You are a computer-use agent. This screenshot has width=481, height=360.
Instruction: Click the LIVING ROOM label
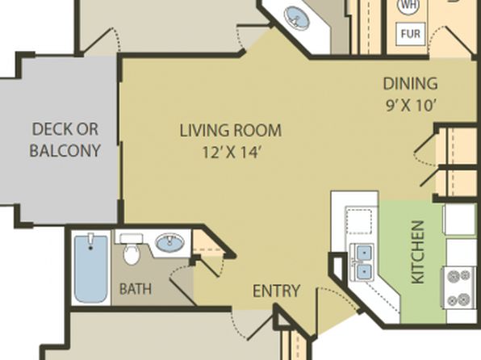pos(230,130)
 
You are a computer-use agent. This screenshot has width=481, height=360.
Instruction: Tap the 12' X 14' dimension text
pos(232,152)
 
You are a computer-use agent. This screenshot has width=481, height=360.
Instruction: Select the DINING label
pos(411,83)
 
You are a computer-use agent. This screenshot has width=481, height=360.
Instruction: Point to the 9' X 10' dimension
pos(411,106)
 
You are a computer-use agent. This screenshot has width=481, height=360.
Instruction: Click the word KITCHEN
pos(418,253)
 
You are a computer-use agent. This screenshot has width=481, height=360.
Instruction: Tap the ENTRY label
pos(276,291)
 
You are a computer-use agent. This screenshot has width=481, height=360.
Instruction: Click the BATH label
pos(136,289)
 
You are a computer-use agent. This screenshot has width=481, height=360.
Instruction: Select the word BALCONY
pos(65,150)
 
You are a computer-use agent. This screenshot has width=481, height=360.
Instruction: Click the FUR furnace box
pos(411,33)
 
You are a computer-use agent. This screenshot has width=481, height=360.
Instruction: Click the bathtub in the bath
pos(91,269)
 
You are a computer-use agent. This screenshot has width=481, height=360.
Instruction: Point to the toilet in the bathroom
pos(132,249)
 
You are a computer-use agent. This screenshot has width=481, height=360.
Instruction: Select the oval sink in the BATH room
pos(169,243)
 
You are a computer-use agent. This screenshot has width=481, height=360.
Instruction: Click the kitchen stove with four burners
pos(459,288)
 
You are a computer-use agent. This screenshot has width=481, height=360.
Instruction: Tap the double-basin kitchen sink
pos(362,262)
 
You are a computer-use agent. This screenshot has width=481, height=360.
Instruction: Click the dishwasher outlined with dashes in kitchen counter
pos(359,220)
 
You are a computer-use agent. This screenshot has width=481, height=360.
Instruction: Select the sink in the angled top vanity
pos(296,18)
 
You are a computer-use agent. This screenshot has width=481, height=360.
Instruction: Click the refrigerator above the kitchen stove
pos(459,219)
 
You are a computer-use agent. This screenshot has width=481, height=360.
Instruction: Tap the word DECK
pos(65,129)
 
